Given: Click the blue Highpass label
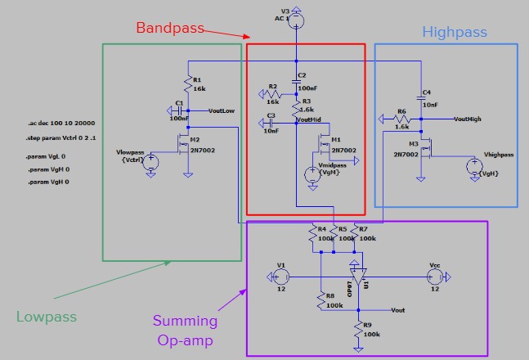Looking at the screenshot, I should pos(455,33).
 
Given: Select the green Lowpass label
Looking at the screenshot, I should pos(47,316).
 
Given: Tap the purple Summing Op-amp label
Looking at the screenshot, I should pos(186,330).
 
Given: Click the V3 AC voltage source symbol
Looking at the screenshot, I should pos(296,18).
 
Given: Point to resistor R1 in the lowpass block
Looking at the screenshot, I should pos(189,85).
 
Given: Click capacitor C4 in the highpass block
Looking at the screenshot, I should pos(421,97).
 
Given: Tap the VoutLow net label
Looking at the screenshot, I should pos(222,110).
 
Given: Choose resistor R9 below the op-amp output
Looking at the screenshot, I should pos(357,330).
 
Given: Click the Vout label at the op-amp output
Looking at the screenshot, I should pos(398,310).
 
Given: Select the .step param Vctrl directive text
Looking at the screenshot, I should pos(60,139).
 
